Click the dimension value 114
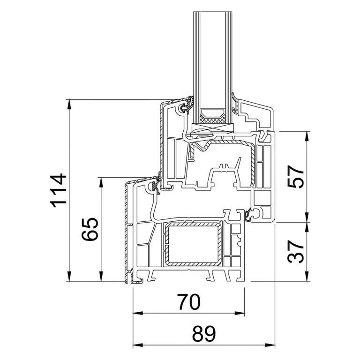pyautogui.click(x=58, y=191)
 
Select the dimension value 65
pyautogui.click(x=90, y=229)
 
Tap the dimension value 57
pyautogui.click(x=295, y=177)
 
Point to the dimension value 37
pyautogui.click(x=295, y=251)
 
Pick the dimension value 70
pyautogui.click(x=189, y=302)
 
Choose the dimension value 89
pyautogui.click(x=204, y=334)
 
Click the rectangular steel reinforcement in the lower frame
pyautogui.click(x=193, y=244)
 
